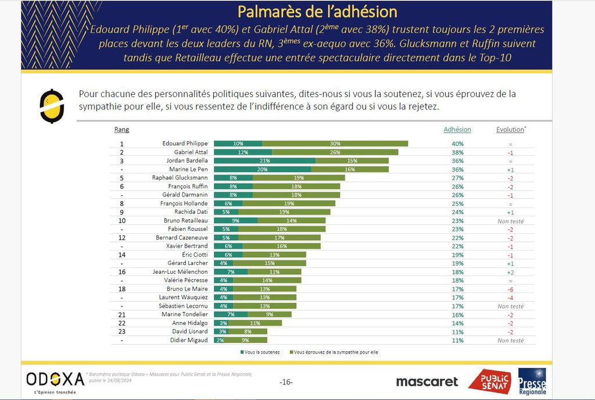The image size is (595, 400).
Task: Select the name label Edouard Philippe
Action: coord(185,144)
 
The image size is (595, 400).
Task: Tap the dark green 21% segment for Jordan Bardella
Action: coord(264,160)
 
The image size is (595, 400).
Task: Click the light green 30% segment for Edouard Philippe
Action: coord(335,144)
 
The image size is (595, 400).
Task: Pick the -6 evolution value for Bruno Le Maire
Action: coord(510,289)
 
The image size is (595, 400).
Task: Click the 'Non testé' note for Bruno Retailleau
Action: coord(510,221)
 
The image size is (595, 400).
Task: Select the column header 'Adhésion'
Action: coord(457,130)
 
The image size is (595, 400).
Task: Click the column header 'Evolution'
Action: coord(510,130)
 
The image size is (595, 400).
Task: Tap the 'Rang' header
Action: coord(121,130)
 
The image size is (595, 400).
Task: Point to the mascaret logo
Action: coord(426,382)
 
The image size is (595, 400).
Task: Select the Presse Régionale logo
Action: coord(532,381)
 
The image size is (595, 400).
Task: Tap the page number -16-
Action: coord(286,382)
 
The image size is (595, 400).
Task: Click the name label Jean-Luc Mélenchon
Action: coord(180,272)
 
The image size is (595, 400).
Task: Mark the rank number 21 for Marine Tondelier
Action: coord(122,315)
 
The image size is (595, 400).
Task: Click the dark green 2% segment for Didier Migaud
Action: coord(219,340)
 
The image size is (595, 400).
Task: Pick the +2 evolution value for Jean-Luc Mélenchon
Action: coord(510,272)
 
